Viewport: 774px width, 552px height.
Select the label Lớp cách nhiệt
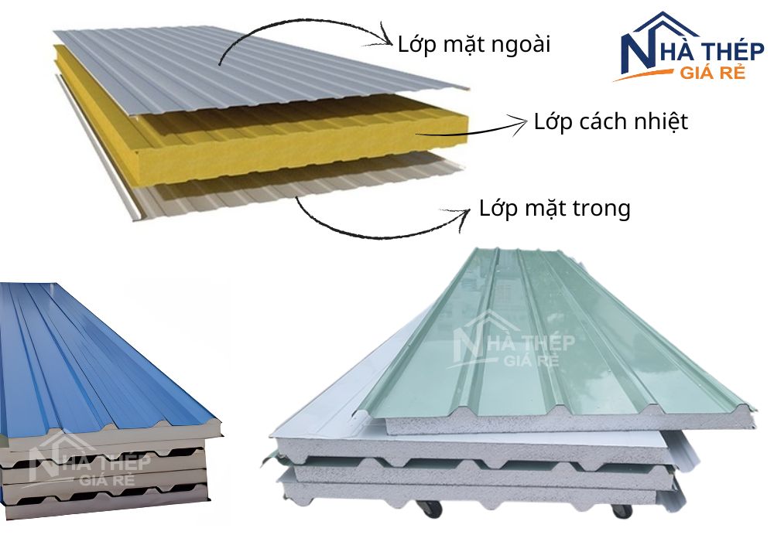[x=611, y=121]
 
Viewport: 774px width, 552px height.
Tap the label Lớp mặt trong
[x=555, y=209]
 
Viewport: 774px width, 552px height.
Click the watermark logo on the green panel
[x=513, y=340]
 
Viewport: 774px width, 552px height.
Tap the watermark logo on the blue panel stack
[x=89, y=461]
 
